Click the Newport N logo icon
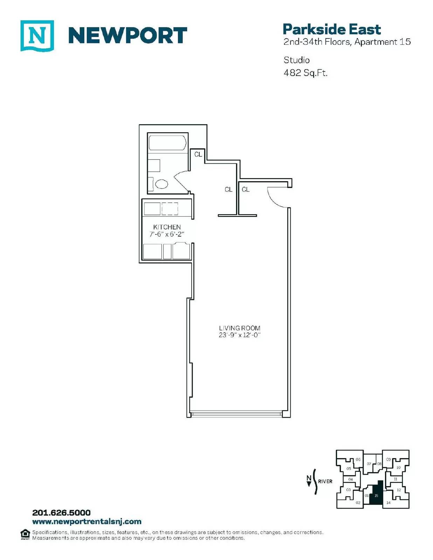37,36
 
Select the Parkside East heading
332,29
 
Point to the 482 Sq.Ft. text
305,73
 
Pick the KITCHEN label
167,227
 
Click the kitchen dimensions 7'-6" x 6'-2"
167,234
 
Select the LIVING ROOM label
240,328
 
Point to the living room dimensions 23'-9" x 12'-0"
240,335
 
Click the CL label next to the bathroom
198,154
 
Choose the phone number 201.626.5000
61,513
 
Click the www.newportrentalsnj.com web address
87,522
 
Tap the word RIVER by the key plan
325,481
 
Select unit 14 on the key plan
389,503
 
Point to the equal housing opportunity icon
25,534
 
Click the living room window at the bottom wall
236,414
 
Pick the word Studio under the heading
297,60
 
